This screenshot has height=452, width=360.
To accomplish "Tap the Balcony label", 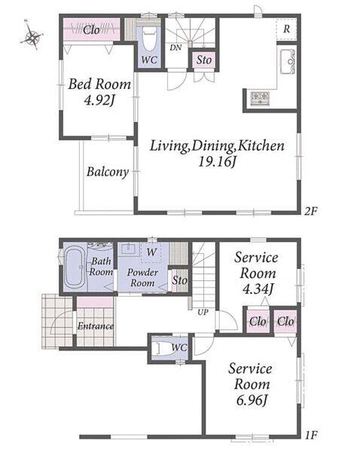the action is pyautogui.click(x=108, y=172).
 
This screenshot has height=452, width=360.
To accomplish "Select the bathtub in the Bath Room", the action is pyautogui.click(x=75, y=267).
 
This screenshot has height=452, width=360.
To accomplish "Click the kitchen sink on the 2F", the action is pyautogui.click(x=287, y=62).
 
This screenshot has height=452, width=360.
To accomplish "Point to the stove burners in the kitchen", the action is pyautogui.click(x=260, y=98).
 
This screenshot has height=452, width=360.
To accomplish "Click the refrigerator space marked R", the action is pyautogui.click(x=286, y=29).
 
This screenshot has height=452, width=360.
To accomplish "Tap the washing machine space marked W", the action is pyautogui.click(x=151, y=252).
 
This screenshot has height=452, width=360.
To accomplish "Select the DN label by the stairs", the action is pyautogui.click(x=175, y=47).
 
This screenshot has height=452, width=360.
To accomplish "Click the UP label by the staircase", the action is pyautogui.click(x=203, y=312).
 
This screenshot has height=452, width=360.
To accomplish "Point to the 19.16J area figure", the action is pyautogui.click(x=217, y=161).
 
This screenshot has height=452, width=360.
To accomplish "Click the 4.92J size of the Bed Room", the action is pyautogui.click(x=99, y=100).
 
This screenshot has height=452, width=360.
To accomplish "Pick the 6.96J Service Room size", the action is pyautogui.click(x=252, y=400).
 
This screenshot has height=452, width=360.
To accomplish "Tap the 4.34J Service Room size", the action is pyautogui.click(x=258, y=289).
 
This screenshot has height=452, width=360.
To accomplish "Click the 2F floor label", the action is pyautogui.click(x=311, y=212).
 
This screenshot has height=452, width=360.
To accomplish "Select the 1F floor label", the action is pyautogui.click(x=311, y=435).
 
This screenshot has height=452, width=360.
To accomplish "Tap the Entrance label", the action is pyautogui.click(x=96, y=326).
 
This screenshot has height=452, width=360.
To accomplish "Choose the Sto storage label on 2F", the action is pyautogui.click(x=204, y=60).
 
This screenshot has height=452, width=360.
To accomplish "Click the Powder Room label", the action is pyautogui.click(x=142, y=277).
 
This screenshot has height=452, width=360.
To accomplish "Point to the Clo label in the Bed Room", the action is pyautogui.click(x=91, y=30).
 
